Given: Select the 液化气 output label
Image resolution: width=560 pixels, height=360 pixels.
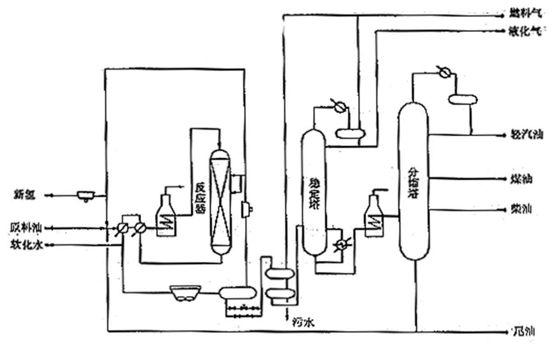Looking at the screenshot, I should (x=524, y=31).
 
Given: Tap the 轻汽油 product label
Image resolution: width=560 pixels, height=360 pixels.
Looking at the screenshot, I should (x=527, y=134).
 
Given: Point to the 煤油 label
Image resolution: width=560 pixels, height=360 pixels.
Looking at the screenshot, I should (x=522, y=179).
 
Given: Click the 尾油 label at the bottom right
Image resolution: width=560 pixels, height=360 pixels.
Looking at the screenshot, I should (x=525, y=332).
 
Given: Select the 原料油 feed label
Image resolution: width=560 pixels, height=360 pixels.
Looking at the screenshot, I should (x=26, y=228).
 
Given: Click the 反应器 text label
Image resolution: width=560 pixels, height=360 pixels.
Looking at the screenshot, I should (x=197, y=198).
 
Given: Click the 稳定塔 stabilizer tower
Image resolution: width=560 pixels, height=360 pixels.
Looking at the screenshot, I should (x=313, y=192).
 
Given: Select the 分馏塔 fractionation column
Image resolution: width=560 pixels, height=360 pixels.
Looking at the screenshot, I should (x=413, y=180).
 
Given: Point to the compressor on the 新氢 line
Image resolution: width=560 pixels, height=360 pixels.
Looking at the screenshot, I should (x=86, y=195).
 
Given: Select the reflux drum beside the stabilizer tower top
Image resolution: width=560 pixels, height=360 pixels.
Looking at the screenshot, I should (x=350, y=133).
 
